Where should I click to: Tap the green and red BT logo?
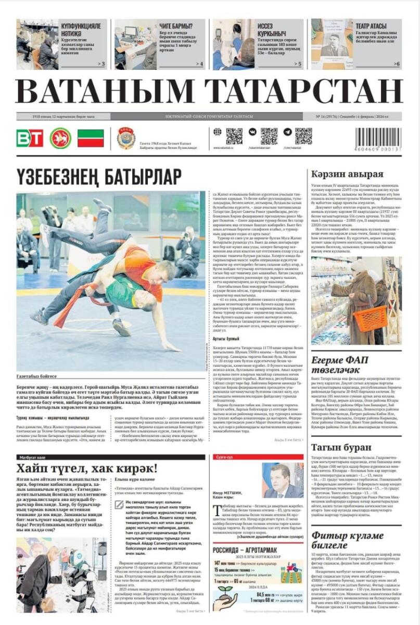[30, 138]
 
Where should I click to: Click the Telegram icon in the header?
[288, 132]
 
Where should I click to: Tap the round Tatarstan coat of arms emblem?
[60, 138]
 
